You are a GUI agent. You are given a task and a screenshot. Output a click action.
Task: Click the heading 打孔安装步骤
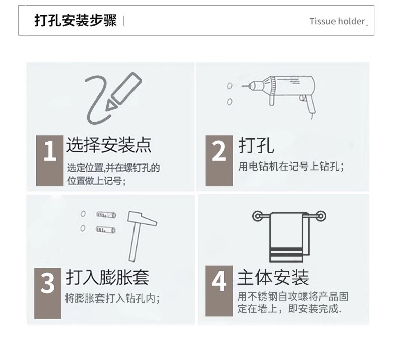pos(76,20)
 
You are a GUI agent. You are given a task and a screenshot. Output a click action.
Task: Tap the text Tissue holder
pos(337,21)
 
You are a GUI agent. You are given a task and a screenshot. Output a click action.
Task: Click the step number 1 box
pos(50,160)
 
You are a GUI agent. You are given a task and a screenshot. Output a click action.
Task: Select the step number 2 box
pos(219,160)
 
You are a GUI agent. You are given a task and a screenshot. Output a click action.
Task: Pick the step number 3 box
pos(48,293)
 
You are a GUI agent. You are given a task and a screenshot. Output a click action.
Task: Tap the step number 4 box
pos(219,291)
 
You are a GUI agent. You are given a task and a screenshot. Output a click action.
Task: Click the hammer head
pos(142,218)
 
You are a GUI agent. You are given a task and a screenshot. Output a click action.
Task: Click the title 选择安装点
pos(109,145)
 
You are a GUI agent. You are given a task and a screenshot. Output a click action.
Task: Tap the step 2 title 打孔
pos(256,145)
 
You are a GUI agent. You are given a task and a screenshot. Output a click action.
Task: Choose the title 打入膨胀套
pos(108,277)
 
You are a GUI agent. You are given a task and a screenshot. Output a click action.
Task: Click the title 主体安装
pos(273,277)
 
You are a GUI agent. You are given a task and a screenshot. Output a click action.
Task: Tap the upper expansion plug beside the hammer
pos(106,214)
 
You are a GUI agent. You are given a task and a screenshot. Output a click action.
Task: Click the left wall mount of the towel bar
pos(257,216)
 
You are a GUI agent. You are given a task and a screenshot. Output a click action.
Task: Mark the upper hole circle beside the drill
pos(230,86)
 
